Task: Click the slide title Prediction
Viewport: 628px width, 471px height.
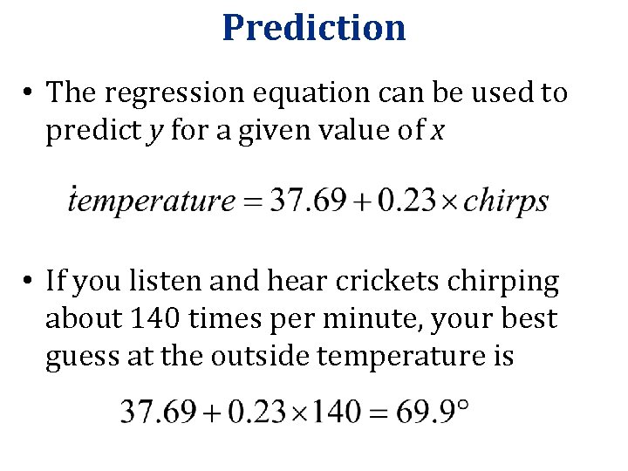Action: point(314,27)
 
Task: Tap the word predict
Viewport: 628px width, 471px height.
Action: point(89,130)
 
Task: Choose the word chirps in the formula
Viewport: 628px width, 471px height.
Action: point(506,201)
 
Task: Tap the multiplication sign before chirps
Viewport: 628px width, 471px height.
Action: point(446,201)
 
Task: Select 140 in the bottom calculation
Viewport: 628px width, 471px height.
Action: point(328,411)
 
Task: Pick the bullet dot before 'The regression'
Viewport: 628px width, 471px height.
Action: point(30,92)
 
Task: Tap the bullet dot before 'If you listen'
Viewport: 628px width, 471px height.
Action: point(30,282)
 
